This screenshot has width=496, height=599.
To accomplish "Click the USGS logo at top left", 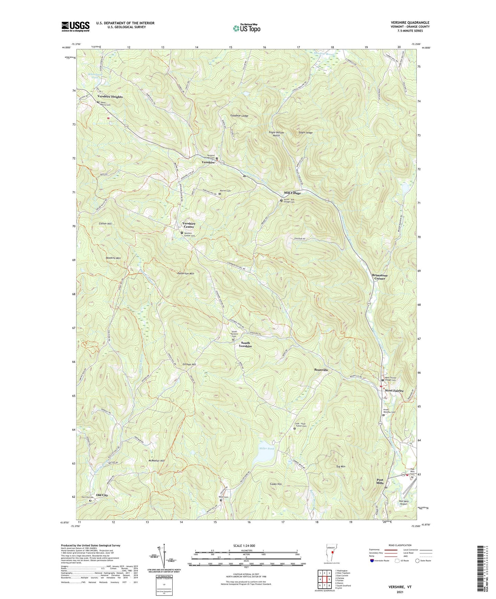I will click(76, 26).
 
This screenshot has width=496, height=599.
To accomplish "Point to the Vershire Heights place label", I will click(110, 97).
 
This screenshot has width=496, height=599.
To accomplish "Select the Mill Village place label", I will click(292, 193).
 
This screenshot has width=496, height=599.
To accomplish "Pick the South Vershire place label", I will click(245, 344).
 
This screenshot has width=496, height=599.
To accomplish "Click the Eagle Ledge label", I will click(305, 132).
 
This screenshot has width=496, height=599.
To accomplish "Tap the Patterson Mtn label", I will click(186, 273).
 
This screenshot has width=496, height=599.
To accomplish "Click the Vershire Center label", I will click(189, 225).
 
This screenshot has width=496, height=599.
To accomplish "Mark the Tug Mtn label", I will click(341, 467).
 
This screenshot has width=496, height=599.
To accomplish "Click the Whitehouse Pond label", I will click(93, 76).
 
